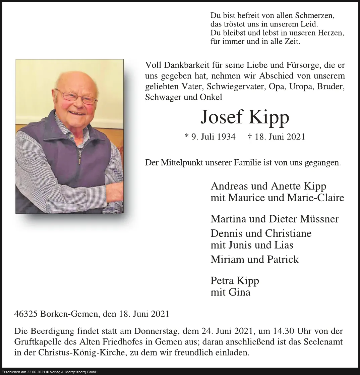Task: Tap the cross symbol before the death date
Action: pyautogui.click(x=250, y=137)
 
